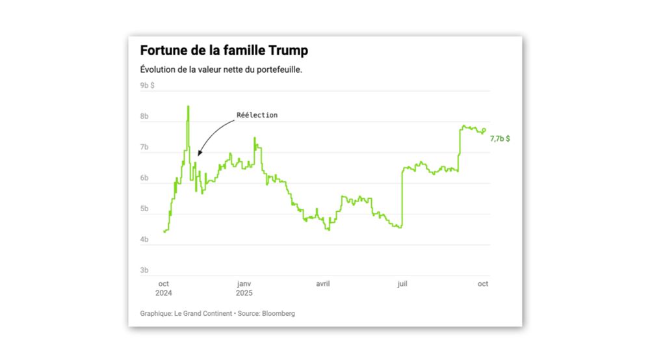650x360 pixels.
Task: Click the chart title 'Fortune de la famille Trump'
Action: point(225,51)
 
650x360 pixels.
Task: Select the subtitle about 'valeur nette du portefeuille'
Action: point(221,70)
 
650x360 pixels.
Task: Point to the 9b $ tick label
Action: point(147,85)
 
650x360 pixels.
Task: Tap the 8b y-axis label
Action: point(144,117)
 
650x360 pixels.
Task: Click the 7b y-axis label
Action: point(144,148)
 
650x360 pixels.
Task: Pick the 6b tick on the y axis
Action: point(144,178)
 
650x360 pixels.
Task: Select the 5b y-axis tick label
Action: point(144,209)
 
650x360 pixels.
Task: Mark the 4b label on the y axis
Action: point(144,240)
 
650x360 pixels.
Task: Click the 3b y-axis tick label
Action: point(144,270)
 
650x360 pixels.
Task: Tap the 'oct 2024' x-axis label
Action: point(164,288)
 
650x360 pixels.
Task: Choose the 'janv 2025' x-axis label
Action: point(244,288)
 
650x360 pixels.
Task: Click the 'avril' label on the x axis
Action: point(323,284)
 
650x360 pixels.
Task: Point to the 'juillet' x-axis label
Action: point(403,284)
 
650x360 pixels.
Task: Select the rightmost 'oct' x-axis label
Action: point(483,284)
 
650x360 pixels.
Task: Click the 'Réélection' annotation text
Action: point(257,115)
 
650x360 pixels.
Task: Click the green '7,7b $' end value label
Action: point(499,138)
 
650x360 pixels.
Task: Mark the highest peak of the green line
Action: point(188,106)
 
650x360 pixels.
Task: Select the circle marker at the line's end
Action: point(484,130)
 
